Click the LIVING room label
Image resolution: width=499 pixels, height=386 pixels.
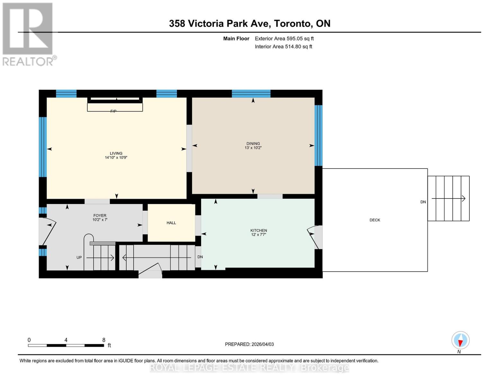point(116,153)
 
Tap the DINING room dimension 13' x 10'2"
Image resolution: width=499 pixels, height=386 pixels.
point(253,148)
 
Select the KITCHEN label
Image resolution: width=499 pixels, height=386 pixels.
point(259,230)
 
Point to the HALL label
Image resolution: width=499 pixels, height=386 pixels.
point(171,223)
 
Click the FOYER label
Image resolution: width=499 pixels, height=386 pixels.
point(100,216)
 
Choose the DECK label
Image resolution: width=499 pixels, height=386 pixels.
point(375,220)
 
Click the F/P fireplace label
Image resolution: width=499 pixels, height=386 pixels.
point(113,111)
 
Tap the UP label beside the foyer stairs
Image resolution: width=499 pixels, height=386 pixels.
point(79,257)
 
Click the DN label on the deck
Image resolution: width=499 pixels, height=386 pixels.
point(423,202)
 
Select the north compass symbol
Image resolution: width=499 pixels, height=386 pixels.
point(460,340)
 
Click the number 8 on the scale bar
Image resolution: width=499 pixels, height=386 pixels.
point(104,340)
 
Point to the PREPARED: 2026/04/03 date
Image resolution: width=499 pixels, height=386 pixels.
point(249,344)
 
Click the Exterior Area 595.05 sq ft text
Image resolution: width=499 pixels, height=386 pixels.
point(284,39)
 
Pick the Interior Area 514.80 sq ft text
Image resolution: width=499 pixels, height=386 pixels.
point(283,47)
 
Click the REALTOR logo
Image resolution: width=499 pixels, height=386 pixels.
point(28,34)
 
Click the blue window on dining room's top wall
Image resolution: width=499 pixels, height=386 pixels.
point(251,94)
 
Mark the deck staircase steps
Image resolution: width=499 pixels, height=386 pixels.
point(449,198)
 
